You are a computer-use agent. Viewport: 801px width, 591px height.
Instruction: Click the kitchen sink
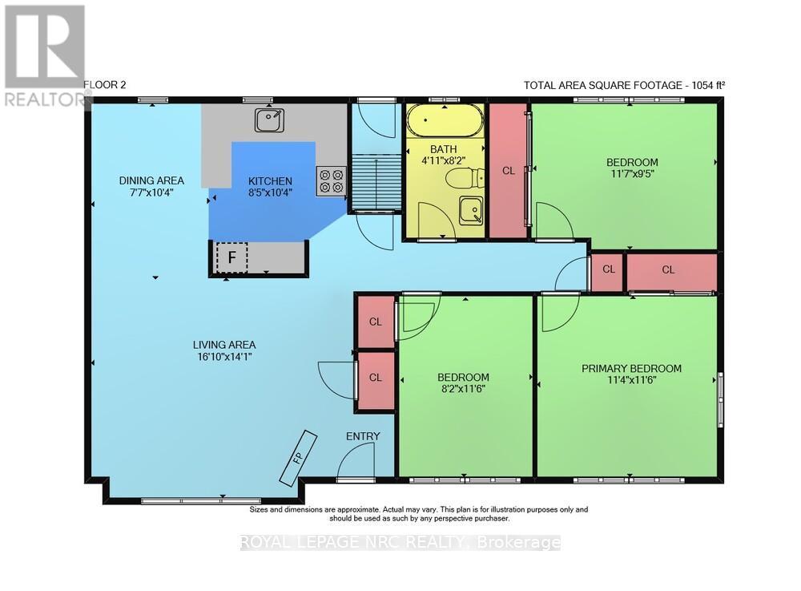(x=270, y=119)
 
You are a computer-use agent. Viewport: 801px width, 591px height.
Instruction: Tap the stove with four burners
(x=331, y=181)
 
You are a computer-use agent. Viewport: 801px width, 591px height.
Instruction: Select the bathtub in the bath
(x=445, y=120)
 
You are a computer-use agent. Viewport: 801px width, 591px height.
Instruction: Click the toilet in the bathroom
(x=464, y=178)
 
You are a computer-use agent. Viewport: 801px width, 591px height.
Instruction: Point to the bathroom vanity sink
(x=470, y=210)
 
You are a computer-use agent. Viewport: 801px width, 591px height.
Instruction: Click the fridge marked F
(x=231, y=257)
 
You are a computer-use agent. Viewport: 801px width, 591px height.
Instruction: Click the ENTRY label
(x=363, y=436)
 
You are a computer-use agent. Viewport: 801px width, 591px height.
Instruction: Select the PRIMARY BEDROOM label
(x=631, y=368)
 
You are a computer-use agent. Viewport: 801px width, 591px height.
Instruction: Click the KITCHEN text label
(x=270, y=181)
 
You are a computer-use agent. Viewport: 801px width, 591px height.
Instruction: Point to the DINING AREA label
(x=151, y=180)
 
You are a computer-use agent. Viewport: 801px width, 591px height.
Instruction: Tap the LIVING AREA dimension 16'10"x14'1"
(x=224, y=356)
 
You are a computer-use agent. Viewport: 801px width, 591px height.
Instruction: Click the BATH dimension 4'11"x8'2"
(x=444, y=160)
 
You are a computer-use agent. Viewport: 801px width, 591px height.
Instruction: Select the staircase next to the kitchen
(x=375, y=181)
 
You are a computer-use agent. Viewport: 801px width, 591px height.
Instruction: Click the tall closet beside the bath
(x=509, y=171)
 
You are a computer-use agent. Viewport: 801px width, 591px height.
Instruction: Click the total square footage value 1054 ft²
(x=708, y=85)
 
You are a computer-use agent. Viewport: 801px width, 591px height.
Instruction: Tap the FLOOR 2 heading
(x=104, y=85)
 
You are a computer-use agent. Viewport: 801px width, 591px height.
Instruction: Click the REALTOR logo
(x=45, y=55)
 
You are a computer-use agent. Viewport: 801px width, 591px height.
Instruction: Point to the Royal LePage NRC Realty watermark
(x=400, y=542)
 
